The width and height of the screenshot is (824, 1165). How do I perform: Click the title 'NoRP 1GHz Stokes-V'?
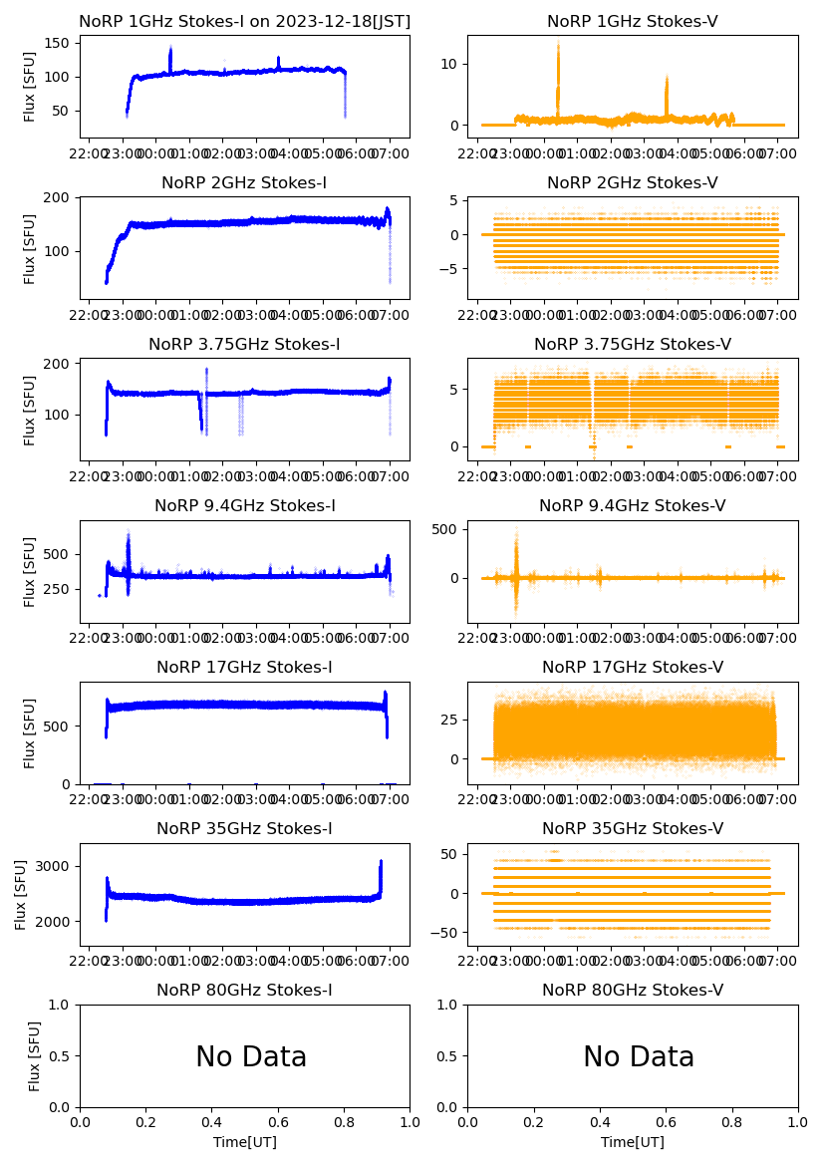pos(633,22)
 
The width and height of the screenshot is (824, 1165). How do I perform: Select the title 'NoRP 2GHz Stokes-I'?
pos(244,183)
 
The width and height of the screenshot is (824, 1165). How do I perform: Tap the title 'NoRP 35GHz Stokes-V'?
pos(633,829)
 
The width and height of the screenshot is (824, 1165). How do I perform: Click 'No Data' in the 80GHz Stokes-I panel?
pos(251,1057)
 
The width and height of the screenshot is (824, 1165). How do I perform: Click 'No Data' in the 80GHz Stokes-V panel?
pos(639,1057)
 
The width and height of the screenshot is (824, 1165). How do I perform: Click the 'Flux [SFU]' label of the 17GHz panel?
pos(31,733)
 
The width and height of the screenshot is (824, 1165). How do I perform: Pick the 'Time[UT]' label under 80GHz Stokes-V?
pos(633,1142)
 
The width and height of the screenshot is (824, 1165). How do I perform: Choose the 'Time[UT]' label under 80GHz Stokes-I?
pos(245,1142)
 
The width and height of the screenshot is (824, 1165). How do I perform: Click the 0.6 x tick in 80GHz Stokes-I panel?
pos(278,1122)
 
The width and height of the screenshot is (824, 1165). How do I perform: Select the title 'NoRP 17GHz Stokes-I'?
pos(244,668)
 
